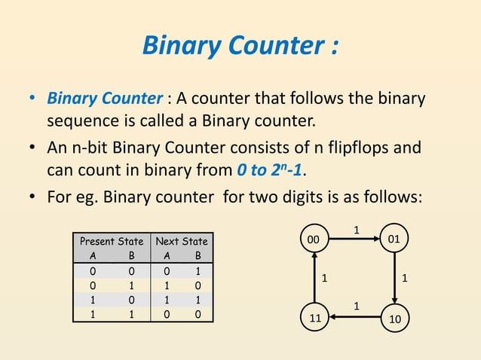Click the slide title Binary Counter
[x=240, y=47]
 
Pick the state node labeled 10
[x=394, y=319]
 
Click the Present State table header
[x=111, y=242]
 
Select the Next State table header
[x=181, y=242]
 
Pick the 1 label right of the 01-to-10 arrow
[x=406, y=279]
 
